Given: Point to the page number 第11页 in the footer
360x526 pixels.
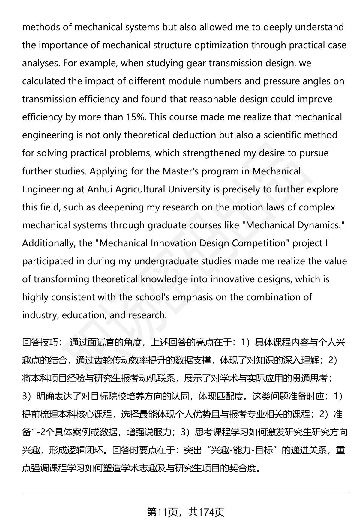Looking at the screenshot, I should (x=162, y=512).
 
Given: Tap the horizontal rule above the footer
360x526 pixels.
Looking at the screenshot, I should (x=186, y=492).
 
